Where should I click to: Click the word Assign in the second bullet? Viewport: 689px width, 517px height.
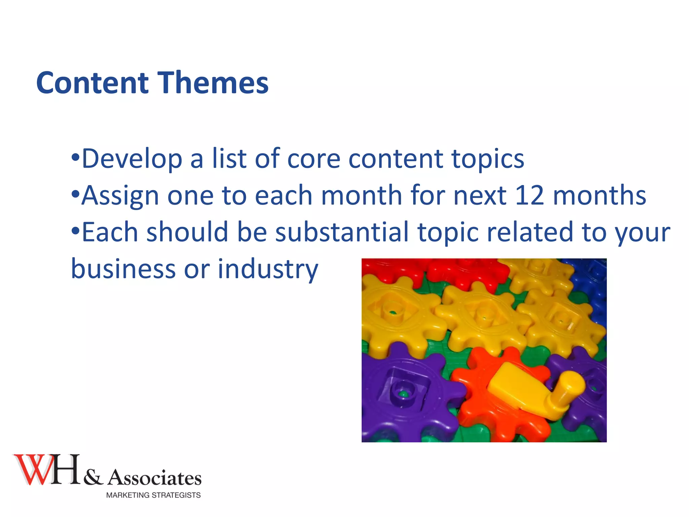120,196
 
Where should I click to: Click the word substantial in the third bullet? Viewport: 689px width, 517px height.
342,232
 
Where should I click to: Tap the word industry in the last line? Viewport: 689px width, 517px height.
268,269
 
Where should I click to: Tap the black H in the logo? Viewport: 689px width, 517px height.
66,469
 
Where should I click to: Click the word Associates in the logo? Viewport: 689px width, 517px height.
154,478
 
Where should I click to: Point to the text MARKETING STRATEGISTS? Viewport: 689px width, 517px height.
153,495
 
